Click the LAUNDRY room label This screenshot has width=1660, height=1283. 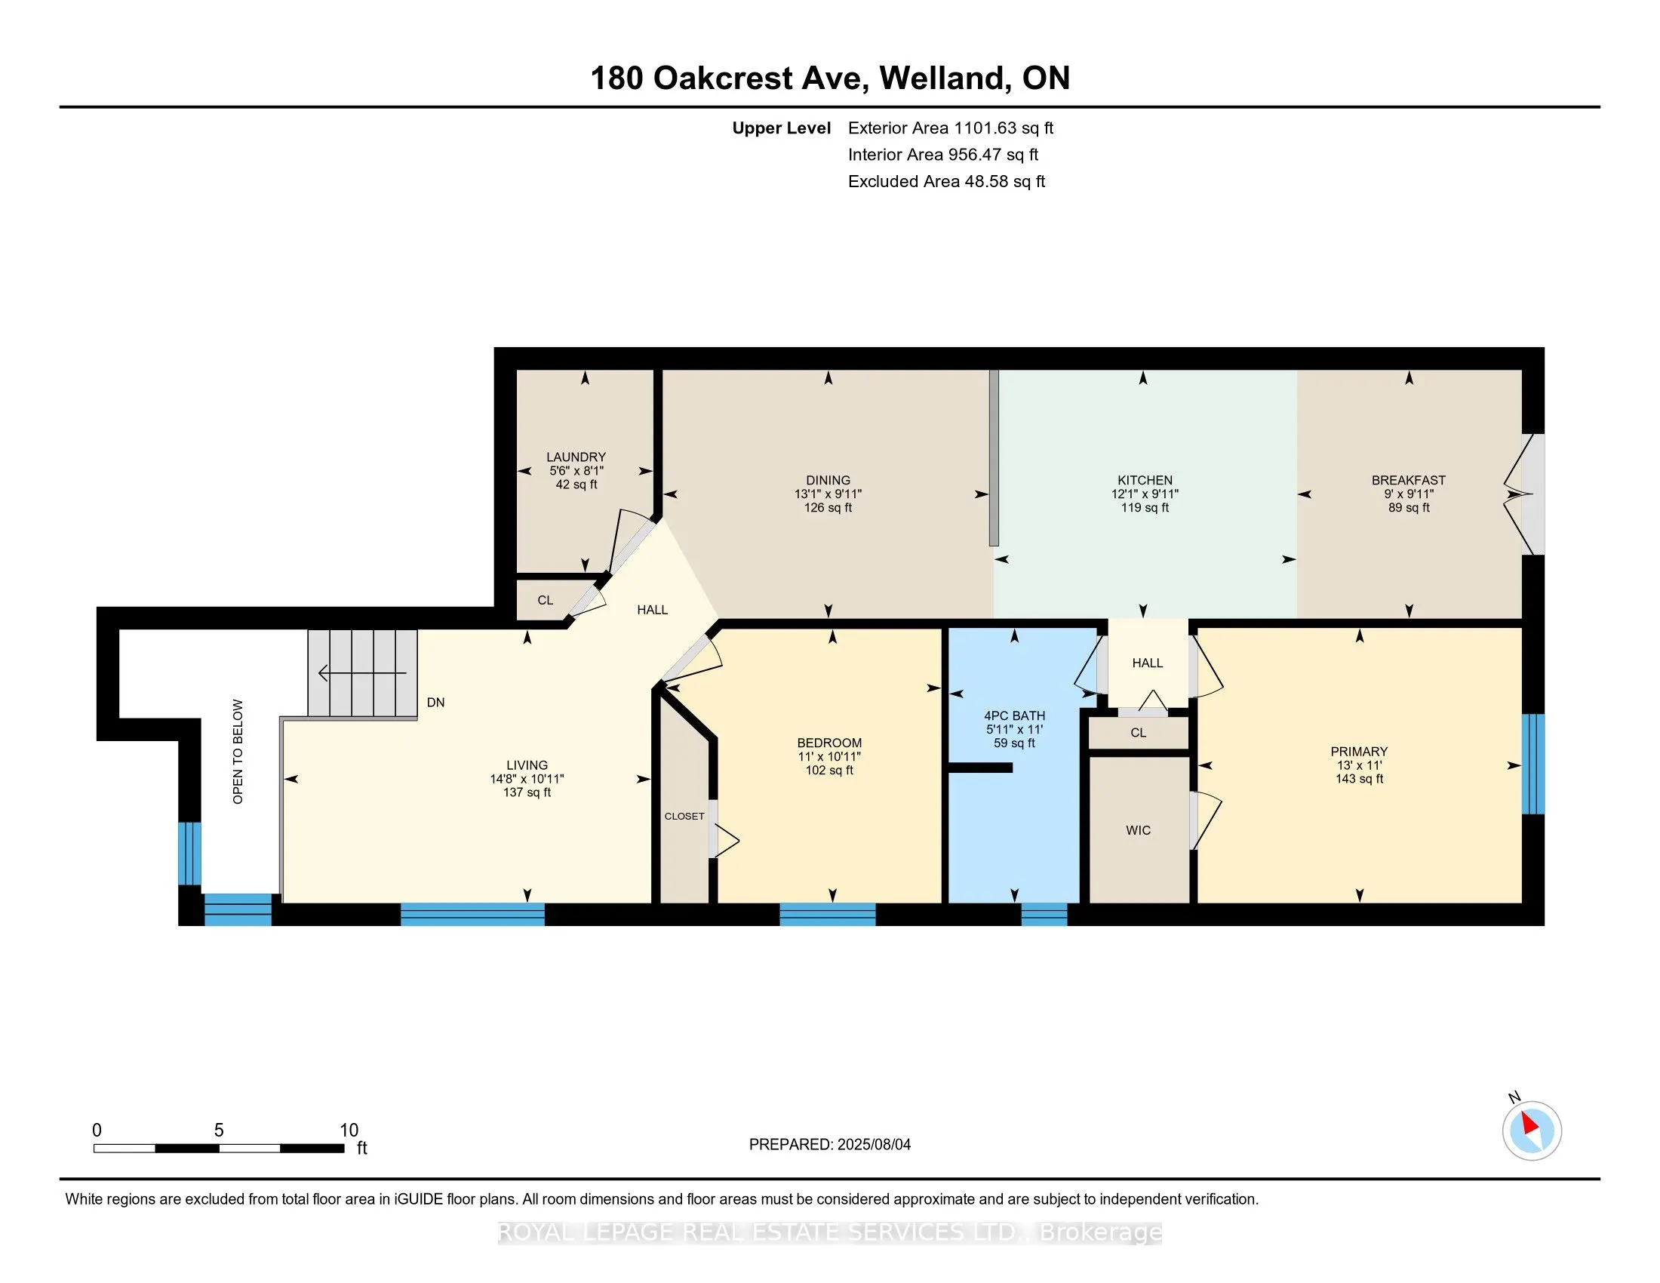[x=576, y=457]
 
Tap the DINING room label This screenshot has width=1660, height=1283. [x=828, y=480]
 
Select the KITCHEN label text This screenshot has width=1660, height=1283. [x=1145, y=480]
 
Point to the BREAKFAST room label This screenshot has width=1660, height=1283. [x=1409, y=480]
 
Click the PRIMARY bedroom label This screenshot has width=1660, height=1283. [x=1359, y=752]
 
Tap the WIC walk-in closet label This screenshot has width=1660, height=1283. [x=1138, y=830]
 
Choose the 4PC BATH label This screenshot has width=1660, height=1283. [x=1015, y=716]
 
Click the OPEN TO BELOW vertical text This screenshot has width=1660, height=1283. [x=238, y=752]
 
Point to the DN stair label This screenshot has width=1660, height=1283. [x=435, y=703]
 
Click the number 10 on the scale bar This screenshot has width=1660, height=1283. [x=349, y=1131]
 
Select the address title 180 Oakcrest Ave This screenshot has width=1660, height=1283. [x=730, y=78]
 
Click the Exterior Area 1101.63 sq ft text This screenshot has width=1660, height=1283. [x=951, y=128]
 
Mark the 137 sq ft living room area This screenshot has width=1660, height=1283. [x=527, y=792]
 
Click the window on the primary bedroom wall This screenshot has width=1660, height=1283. [x=1533, y=764]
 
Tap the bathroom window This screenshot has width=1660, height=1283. [x=1044, y=914]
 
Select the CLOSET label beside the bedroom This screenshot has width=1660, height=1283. [x=684, y=817]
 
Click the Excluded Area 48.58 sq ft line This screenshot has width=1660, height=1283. [x=946, y=182]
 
